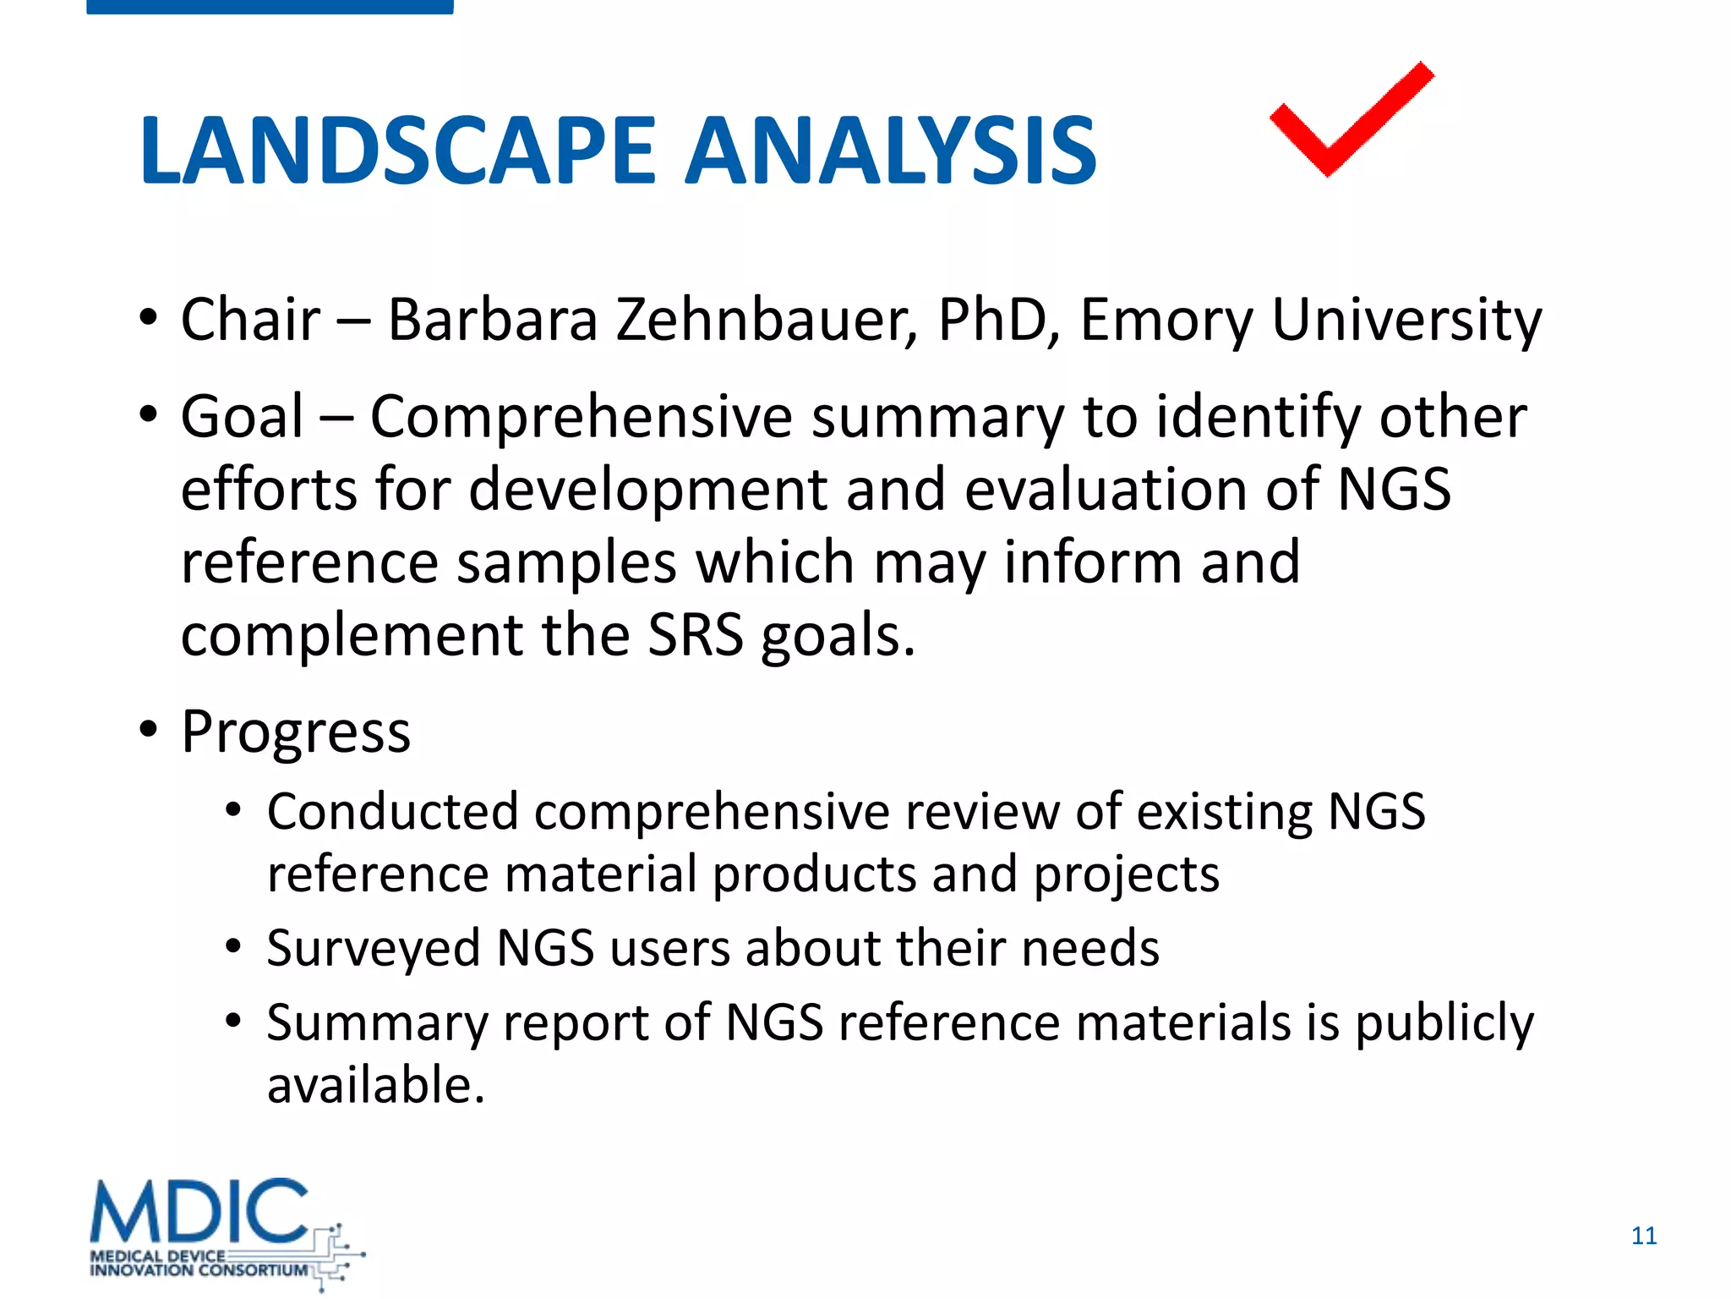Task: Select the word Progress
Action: [x=296, y=732]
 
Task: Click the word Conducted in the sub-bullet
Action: [x=392, y=812]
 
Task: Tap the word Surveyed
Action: [x=373, y=948]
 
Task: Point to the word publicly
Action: [x=1444, y=1023]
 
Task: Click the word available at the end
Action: [x=376, y=1085]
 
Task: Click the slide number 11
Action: [x=1643, y=1236]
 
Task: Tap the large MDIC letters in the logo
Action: [x=199, y=1213]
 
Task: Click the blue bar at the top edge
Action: [x=270, y=7]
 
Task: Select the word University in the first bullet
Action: [x=1406, y=321]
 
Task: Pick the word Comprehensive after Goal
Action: [x=582, y=418]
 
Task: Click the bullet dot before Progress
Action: [x=149, y=729]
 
